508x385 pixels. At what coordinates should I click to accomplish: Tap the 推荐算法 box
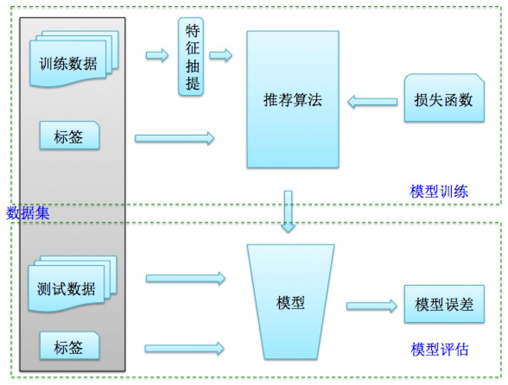(x=293, y=100)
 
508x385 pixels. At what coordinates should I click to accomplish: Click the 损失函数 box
(x=444, y=99)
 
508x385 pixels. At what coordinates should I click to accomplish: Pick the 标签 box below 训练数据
(x=69, y=136)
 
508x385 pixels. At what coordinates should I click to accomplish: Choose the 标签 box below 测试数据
(x=69, y=347)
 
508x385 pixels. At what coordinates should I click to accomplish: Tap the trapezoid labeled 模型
(x=291, y=302)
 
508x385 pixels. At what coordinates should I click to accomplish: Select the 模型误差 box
(x=444, y=304)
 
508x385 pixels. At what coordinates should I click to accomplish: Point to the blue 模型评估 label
(x=439, y=350)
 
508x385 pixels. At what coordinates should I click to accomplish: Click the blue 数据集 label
(x=28, y=213)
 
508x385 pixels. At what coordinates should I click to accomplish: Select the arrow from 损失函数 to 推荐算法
(x=372, y=102)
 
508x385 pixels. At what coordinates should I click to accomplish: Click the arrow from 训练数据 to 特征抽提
(x=157, y=55)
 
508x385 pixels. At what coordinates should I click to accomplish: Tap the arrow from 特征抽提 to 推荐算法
(x=221, y=55)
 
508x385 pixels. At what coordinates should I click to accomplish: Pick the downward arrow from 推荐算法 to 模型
(x=288, y=211)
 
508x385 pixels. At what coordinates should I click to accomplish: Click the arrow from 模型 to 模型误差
(x=372, y=306)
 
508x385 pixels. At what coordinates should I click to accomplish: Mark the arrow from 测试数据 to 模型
(x=185, y=278)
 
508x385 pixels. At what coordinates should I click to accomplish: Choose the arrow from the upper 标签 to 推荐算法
(x=174, y=138)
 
